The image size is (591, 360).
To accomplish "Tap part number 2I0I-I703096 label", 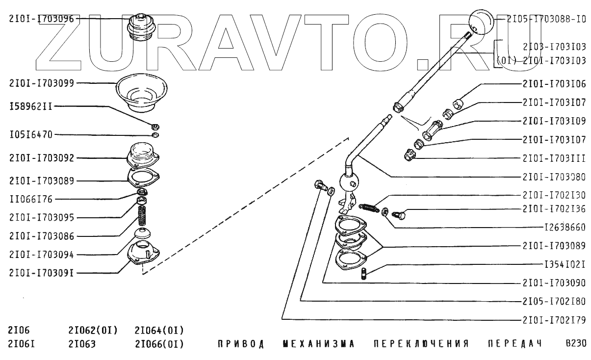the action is pyautogui.click(x=41, y=19).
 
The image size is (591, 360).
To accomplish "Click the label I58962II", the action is pyautogui.click(x=30, y=106).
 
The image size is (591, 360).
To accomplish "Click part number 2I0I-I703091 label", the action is pyautogui.click(x=41, y=273).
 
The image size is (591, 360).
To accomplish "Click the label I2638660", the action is pyautogui.click(x=565, y=228).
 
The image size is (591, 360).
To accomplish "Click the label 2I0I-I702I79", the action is pyautogui.click(x=554, y=320).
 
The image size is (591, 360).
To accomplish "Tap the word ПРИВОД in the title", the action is pyautogui.click(x=241, y=344).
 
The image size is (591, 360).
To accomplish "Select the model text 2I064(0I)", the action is pyautogui.click(x=159, y=329).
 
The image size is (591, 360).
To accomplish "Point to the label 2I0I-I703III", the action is pyautogui.click(x=554, y=158).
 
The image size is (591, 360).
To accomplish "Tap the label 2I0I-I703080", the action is pyautogui.click(x=554, y=177).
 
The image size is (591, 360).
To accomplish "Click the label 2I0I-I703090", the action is pyautogui.click(x=554, y=283).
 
